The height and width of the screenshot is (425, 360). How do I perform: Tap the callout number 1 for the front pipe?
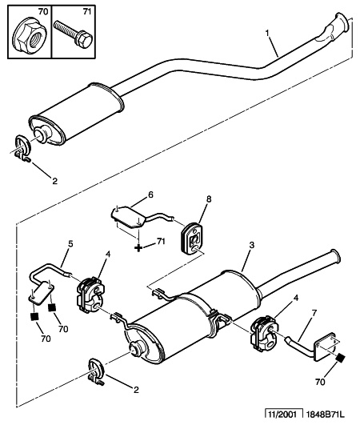pos(268,34)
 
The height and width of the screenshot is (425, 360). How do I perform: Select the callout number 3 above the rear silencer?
pos(252,245)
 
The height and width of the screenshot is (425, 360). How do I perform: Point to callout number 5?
pos(70,244)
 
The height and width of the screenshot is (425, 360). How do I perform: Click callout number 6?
pos(150,194)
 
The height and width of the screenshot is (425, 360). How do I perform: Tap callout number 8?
pos(209,199)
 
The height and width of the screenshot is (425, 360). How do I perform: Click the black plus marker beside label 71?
pos(138,247)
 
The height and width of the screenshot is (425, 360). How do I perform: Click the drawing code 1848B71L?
pos(326,415)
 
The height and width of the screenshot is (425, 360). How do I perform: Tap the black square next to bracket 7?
pos(340,359)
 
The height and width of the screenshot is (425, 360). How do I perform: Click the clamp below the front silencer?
pos(22,149)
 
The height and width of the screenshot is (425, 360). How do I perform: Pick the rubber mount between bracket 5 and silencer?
pos(90,295)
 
